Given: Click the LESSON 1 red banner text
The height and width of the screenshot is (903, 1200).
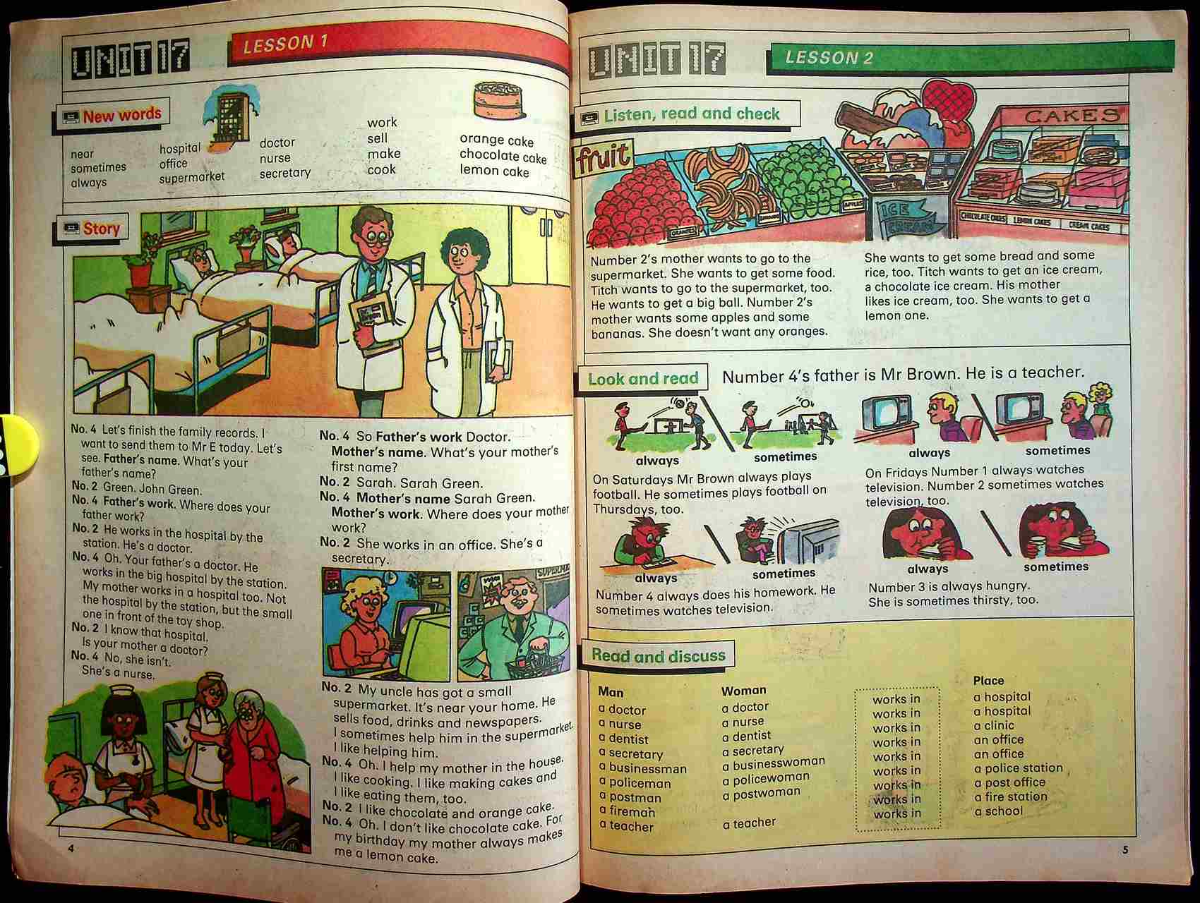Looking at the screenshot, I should coord(285,44).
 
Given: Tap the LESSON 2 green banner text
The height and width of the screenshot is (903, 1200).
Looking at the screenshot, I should coord(829,58).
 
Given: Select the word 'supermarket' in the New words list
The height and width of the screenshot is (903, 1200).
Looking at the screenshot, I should coord(191,177).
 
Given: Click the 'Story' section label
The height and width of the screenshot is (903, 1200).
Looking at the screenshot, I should coord(101,229).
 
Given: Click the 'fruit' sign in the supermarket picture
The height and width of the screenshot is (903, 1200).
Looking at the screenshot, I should coord(603,159).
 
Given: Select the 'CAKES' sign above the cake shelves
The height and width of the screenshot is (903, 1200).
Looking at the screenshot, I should coord(1072,116).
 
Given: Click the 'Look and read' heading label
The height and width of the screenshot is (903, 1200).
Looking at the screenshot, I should coord(642,379).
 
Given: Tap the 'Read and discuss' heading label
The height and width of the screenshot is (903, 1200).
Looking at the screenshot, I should coord(658,656).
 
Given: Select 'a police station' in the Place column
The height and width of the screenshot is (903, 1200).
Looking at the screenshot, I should coord(1018,768).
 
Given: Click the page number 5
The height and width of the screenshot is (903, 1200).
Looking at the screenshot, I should coord(1125,849).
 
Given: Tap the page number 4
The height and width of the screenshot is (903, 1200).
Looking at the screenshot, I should coord(71,848).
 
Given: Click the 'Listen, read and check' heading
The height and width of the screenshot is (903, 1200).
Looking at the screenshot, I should coord(691,114).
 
